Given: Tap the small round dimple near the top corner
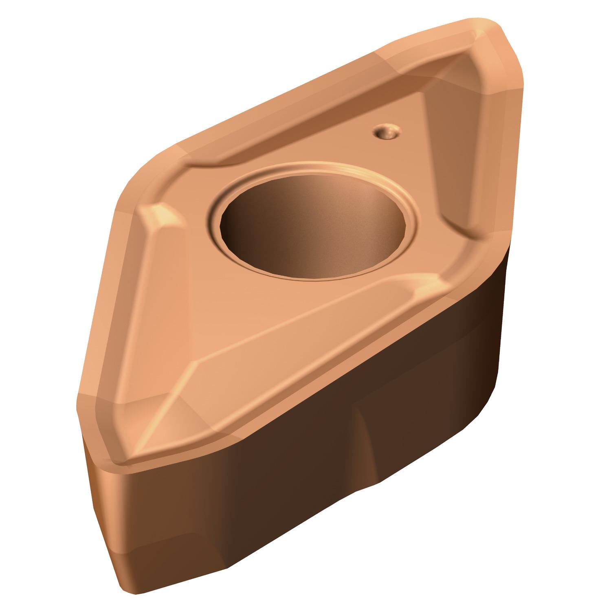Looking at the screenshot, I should click(x=385, y=132).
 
